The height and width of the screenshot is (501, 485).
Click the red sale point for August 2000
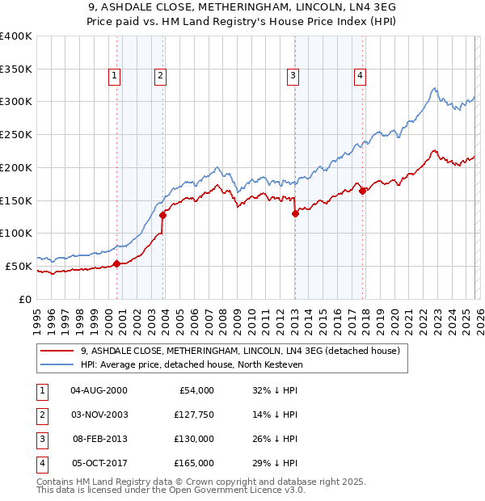pyautogui.click(x=116, y=263)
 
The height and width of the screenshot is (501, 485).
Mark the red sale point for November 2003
pyautogui.click(x=163, y=215)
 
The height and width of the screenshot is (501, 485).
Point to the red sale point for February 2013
pyautogui.click(x=295, y=213)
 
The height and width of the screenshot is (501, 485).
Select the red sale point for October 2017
pyautogui.click(x=362, y=191)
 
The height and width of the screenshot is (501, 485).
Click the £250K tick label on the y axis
pyautogui.click(x=16, y=134)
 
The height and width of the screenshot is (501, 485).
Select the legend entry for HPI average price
pyautogui.click(x=191, y=364)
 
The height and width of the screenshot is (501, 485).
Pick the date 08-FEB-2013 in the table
pyautogui.click(x=99, y=439)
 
